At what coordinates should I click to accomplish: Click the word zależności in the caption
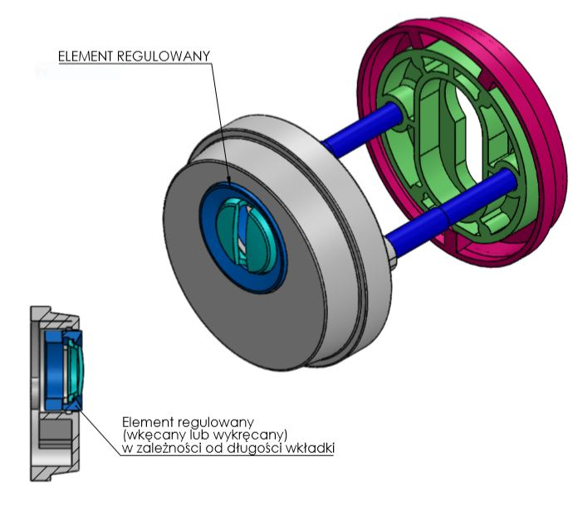[171, 449]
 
